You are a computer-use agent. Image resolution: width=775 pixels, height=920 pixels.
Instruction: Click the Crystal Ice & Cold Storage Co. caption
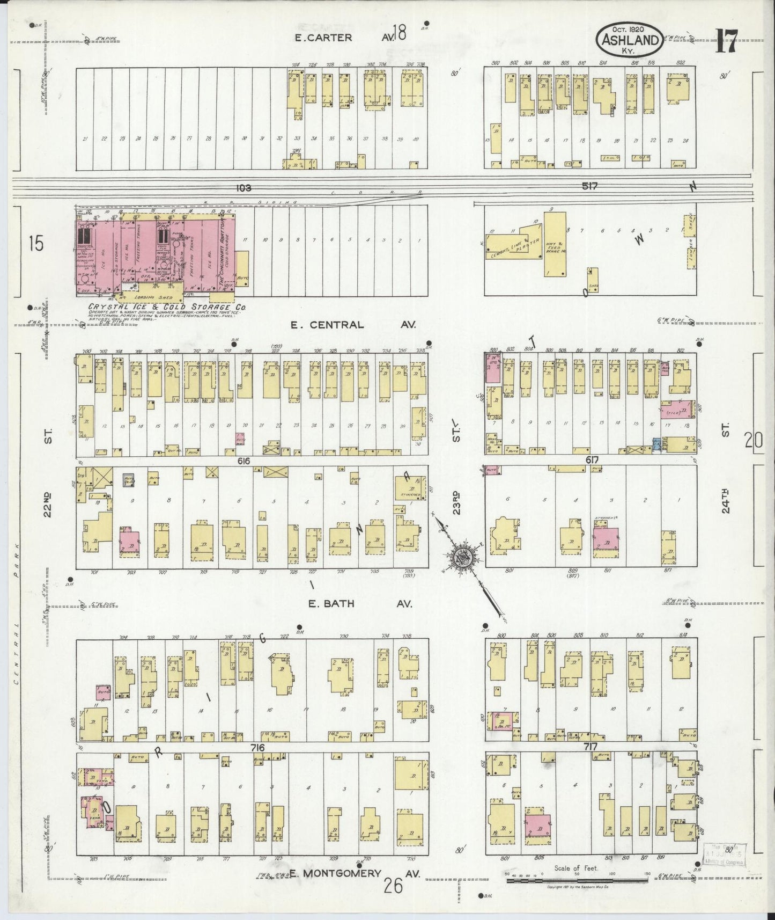(165, 308)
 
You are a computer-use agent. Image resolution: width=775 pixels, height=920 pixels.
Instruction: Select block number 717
(592, 747)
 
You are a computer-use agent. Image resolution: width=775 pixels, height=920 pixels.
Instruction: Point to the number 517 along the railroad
(589, 186)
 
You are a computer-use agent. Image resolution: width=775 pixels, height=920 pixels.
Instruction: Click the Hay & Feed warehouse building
(555, 244)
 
